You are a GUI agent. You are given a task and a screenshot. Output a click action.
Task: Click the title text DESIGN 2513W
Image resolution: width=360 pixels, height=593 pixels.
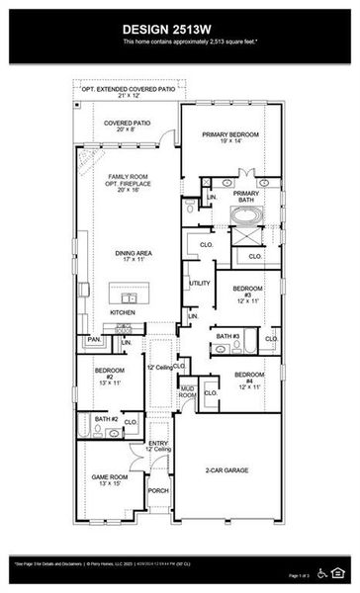(180, 29)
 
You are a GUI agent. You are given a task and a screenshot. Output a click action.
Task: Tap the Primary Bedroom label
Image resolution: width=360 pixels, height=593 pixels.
(230, 138)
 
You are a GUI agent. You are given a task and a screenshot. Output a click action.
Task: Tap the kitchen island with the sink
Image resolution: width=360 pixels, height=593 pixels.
(127, 297)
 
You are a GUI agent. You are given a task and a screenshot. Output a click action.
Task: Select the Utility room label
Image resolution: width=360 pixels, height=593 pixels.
(200, 284)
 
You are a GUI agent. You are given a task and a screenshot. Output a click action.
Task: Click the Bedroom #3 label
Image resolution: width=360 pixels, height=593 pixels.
(247, 294)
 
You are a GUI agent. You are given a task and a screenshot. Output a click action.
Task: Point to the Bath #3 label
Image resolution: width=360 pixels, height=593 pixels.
(228, 337)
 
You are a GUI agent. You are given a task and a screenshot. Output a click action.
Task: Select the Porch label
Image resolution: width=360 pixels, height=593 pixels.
(158, 489)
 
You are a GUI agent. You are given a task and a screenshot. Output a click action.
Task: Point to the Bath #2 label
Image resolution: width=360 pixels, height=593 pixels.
(107, 419)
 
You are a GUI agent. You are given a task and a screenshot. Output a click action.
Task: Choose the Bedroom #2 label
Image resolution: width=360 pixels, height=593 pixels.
(108, 377)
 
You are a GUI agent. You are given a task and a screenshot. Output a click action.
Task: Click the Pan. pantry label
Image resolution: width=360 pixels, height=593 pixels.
(94, 339)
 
